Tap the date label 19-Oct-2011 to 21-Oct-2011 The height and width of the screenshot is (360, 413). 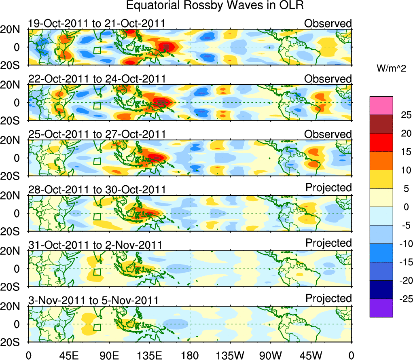pyautogui.click(x=96, y=23)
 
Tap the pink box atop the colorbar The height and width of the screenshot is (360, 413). pyautogui.click(x=381, y=106)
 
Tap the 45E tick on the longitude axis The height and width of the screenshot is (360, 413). pyautogui.click(x=68, y=355)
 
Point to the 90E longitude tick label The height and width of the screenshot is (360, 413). pyautogui.click(x=109, y=355)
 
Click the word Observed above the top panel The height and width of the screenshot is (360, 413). pyautogui.click(x=328, y=23)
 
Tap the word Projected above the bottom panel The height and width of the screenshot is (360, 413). pyautogui.click(x=328, y=299)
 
